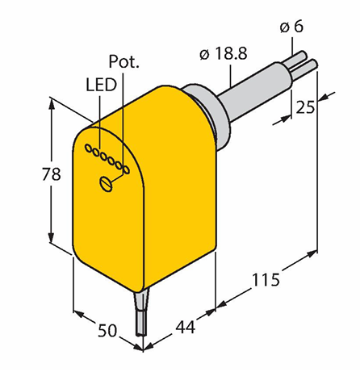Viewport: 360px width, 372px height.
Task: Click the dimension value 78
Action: [x=52, y=173]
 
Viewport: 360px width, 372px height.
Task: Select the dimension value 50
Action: [x=107, y=330]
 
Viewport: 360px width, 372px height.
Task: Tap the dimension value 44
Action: [x=186, y=327]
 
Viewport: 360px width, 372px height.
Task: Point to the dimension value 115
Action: [x=266, y=279]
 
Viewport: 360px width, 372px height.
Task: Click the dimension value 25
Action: [x=305, y=107]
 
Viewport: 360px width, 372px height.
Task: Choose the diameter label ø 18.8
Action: [x=224, y=53]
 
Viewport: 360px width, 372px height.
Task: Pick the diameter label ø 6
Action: [x=291, y=27]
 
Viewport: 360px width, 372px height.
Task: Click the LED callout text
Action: [x=101, y=85]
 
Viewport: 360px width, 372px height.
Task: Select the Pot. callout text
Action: [x=124, y=61]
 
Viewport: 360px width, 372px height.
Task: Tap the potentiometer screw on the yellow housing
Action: [x=106, y=184]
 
